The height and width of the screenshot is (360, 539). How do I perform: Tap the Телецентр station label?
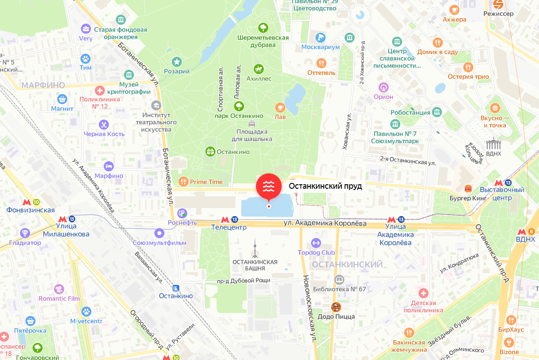click(x=229, y=227)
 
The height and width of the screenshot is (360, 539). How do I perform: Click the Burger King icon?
click(x=468, y=188)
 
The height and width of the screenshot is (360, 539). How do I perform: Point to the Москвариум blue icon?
click(x=320, y=38)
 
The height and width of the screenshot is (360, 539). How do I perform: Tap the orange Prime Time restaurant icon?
click(x=183, y=182)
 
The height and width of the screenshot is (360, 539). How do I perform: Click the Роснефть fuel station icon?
click(x=182, y=213)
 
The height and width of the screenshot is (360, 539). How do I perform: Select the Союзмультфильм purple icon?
click(x=159, y=233)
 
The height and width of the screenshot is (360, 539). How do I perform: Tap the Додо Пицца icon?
click(x=336, y=307)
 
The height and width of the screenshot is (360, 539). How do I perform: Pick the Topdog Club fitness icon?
click(x=316, y=243)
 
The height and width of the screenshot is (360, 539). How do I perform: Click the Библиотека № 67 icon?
click(x=339, y=280)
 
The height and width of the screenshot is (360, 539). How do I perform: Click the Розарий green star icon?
click(x=177, y=62)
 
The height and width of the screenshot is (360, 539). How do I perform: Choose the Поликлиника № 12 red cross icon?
click(x=100, y=89)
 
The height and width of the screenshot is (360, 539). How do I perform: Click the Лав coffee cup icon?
click(x=280, y=107)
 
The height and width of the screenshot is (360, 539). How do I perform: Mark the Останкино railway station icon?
click(x=176, y=288)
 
